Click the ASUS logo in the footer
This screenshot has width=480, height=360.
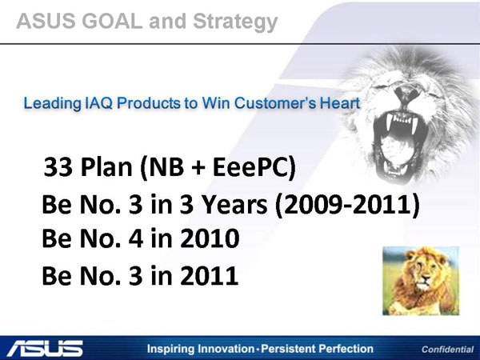tap(45, 348)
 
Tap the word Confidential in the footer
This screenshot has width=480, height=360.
tap(447, 350)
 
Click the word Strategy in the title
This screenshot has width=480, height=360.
tap(235, 22)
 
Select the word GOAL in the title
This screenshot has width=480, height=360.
tap(112, 21)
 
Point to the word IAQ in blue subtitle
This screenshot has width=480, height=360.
tap(98, 103)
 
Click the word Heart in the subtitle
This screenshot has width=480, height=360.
tap(340, 103)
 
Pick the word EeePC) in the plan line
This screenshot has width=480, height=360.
tap(254, 167)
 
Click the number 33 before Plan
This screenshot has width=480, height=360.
tap(58, 167)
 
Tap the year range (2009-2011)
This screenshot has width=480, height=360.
tap(347, 205)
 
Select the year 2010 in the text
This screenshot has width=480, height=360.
tap(210, 238)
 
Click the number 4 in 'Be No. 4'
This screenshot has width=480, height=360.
tap(136, 238)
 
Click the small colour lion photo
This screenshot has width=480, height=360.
tap(421, 281)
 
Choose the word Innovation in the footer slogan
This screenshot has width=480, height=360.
tap(226, 349)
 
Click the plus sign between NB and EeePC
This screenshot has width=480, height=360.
tap(198, 168)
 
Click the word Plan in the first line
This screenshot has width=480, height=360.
tap(106, 167)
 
